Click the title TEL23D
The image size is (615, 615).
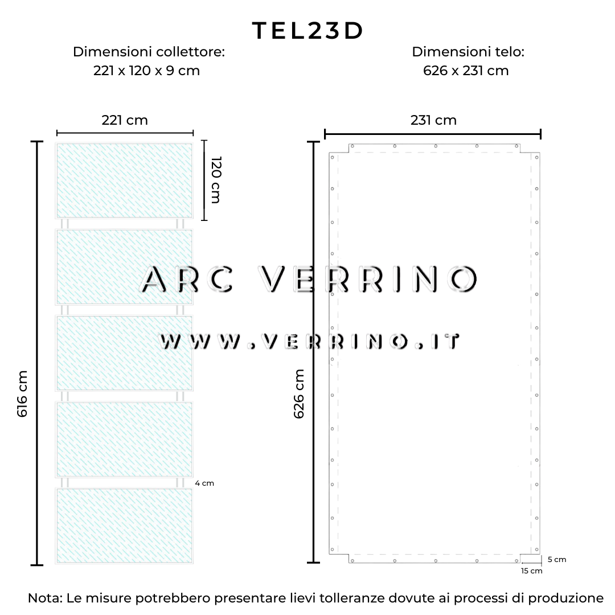tap(308, 31)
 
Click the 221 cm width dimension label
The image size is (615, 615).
tap(125, 120)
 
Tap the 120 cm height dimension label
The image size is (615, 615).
tap(216, 179)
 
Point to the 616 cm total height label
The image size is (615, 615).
tap(22, 394)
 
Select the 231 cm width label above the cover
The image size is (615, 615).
tap(433, 120)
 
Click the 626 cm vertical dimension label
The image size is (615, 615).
tap(299, 394)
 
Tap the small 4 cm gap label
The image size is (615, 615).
tap(204, 483)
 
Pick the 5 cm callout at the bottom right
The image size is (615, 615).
tap(557, 559)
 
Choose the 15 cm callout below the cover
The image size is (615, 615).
tap(531, 571)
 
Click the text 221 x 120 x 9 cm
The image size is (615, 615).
tap(147, 71)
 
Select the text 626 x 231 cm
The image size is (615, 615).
tap(466, 71)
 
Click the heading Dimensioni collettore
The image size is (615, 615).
tap(149, 51)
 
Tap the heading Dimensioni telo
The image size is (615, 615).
tap(468, 51)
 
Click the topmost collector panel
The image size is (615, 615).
tap(124, 181)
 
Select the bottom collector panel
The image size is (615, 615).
tap(124, 526)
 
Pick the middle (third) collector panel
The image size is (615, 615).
tap(124, 353)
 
